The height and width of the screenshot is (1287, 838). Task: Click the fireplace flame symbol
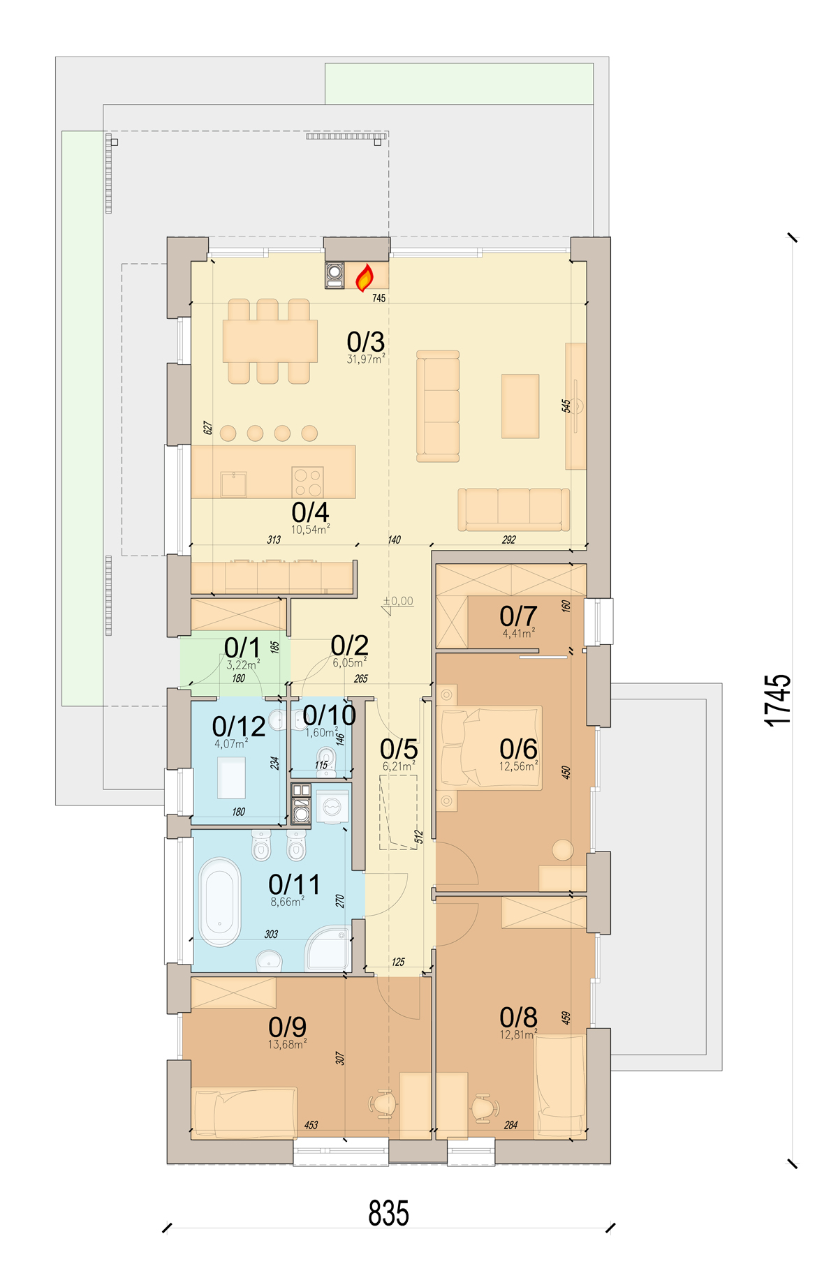(x=365, y=278)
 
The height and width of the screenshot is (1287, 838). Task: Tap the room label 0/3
(x=365, y=341)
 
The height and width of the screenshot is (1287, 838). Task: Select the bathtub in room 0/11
(x=219, y=901)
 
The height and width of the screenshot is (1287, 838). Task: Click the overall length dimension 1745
(x=777, y=700)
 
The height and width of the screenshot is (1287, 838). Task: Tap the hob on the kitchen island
(x=307, y=482)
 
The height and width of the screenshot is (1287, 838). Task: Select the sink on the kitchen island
(x=233, y=484)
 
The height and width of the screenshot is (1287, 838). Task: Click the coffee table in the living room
(x=520, y=406)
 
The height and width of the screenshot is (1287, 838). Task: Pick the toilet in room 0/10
(x=325, y=761)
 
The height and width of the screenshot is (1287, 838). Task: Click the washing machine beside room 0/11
(x=332, y=807)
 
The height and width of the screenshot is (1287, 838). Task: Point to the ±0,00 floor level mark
(x=398, y=601)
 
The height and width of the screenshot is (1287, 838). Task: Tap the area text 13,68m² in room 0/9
(x=287, y=1044)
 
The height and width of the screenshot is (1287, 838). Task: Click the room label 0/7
(x=518, y=616)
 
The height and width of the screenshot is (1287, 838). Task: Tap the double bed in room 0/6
(x=490, y=747)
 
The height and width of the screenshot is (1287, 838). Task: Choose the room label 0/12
(x=239, y=727)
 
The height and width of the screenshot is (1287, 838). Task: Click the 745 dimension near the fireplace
(x=378, y=298)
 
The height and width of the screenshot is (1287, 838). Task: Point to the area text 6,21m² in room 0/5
(x=399, y=766)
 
